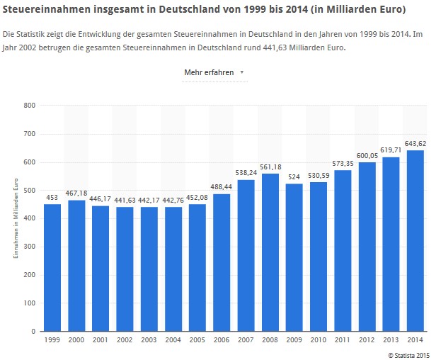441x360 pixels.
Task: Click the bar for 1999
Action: (x=52, y=267)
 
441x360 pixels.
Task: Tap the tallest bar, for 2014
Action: (x=415, y=240)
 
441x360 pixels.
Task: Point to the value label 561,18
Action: (x=270, y=167)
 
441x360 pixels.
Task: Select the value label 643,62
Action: (x=415, y=144)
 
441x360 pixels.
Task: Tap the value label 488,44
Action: (x=222, y=188)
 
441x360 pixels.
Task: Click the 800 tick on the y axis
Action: (x=29, y=106)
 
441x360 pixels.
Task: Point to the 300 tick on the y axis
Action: (x=29, y=247)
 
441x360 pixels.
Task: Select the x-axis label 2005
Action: (x=197, y=341)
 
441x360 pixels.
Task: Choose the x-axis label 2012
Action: (x=367, y=341)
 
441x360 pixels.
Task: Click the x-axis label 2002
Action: (x=125, y=341)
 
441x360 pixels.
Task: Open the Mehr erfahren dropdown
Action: (x=214, y=72)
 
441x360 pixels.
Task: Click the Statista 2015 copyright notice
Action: (x=411, y=354)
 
